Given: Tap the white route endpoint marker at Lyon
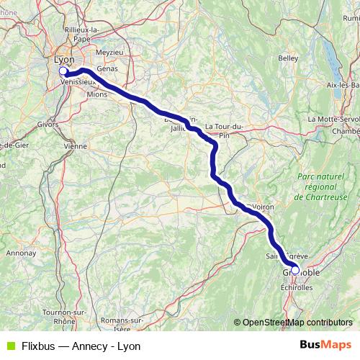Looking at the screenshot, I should click(x=63, y=71).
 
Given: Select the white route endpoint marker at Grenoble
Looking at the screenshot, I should click(x=294, y=271).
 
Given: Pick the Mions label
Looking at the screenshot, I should click(x=96, y=94).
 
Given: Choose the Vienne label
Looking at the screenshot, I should click(x=75, y=145).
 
